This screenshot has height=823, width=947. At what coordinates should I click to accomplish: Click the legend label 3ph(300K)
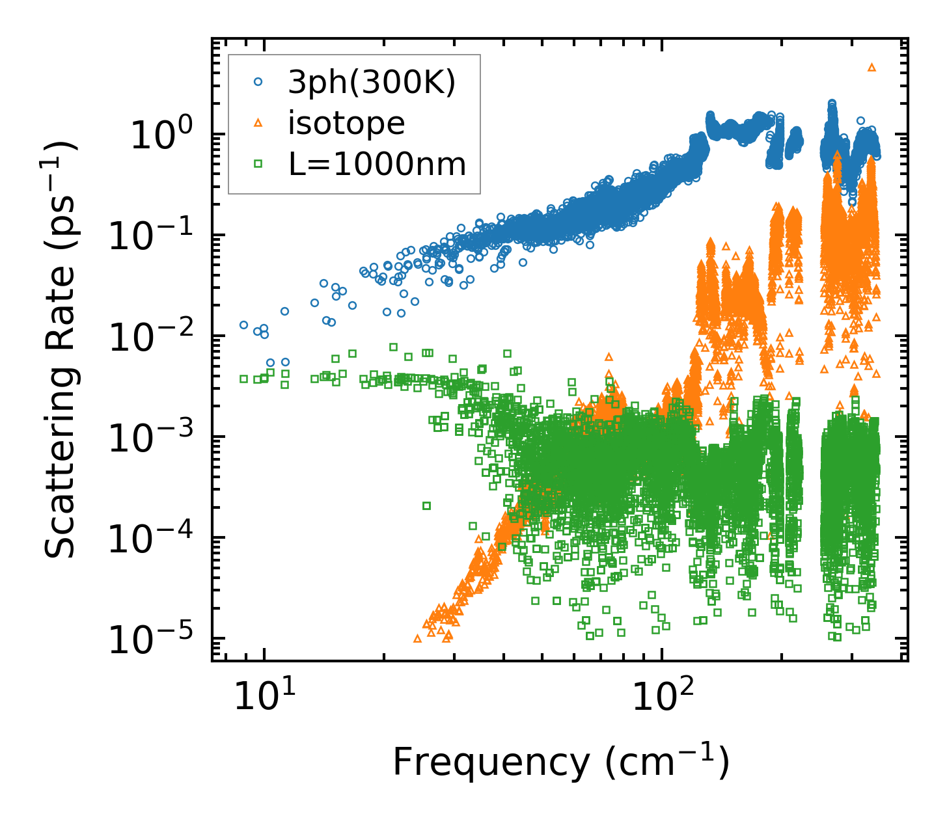click(x=372, y=83)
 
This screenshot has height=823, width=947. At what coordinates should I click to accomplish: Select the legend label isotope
click(x=346, y=123)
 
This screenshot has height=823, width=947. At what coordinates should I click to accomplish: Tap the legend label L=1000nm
click(x=377, y=165)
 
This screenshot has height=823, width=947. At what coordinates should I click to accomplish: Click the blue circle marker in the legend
click(x=258, y=82)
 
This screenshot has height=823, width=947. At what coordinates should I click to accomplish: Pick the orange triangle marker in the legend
click(x=258, y=123)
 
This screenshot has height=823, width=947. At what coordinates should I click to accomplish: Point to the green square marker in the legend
click(x=258, y=165)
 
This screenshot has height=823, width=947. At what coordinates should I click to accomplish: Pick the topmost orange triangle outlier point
click(x=872, y=67)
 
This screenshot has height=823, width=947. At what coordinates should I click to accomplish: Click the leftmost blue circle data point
click(x=243, y=325)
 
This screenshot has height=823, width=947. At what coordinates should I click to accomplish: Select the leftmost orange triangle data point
click(x=417, y=639)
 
